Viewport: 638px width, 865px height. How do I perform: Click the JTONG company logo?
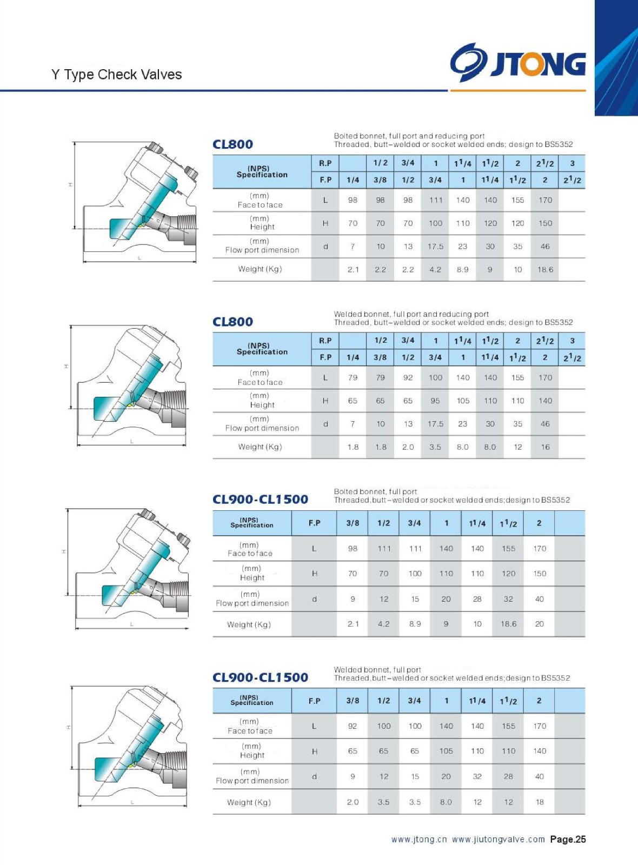(517, 62)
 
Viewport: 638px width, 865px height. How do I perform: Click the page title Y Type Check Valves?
(116, 75)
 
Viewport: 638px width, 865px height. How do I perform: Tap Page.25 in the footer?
(568, 839)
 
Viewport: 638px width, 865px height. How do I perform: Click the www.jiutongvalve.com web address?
(498, 839)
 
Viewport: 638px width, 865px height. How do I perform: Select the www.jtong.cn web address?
(419, 839)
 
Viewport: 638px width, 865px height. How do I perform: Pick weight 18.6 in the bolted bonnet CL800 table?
(545, 269)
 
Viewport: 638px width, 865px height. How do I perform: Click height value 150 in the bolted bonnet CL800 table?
(545, 223)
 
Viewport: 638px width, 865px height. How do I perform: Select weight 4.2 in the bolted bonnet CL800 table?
(435, 269)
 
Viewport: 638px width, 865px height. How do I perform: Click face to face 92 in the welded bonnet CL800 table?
(408, 378)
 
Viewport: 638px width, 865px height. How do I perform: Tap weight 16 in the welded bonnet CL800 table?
(545, 447)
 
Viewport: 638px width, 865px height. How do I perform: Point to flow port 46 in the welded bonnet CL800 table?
(545, 424)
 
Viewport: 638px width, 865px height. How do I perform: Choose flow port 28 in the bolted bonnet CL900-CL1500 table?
(477, 599)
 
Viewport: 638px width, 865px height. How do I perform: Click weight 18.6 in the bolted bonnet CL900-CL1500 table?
(508, 624)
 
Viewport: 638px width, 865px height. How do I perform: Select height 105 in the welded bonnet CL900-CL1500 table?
(446, 751)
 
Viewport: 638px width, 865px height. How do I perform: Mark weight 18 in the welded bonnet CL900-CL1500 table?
(540, 802)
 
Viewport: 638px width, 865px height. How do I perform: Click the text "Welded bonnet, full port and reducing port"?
(411, 314)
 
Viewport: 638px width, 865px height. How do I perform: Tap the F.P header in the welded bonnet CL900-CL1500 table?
(314, 701)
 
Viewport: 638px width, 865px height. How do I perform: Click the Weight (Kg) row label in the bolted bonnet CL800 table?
(260, 269)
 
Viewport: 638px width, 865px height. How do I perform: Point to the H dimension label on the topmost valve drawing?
(70, 185)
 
